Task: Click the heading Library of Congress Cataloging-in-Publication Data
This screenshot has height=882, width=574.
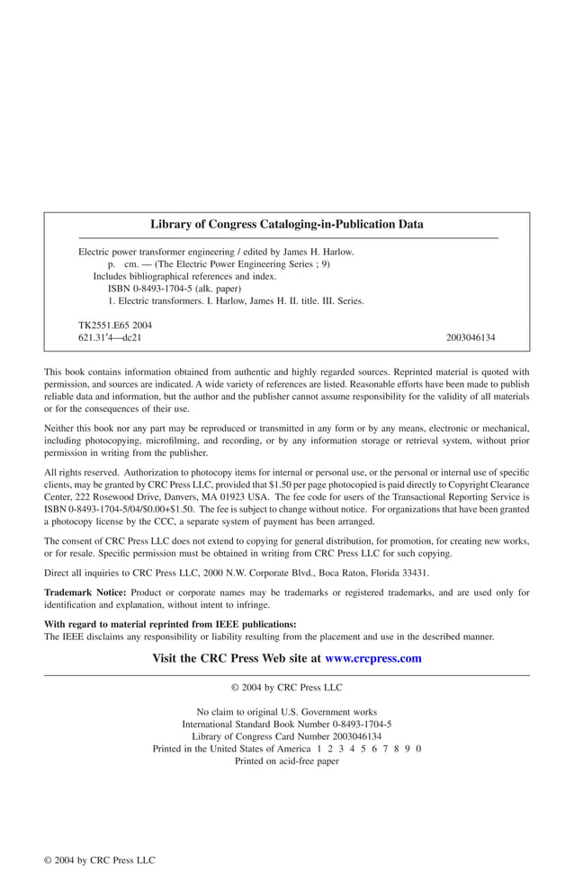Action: pos(286,225)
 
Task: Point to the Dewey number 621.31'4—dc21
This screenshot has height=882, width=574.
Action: pos(110,337)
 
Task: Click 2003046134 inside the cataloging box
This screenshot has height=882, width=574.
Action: pos(470,337)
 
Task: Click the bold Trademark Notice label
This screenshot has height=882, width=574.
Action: pos(85,592)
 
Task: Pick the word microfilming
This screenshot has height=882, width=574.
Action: pos(174,441)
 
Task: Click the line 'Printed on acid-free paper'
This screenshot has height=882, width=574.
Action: pos(286,761)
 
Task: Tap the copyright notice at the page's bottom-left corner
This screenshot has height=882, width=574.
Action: pos(100,860)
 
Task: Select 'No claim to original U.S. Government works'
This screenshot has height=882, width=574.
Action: pos(286,711)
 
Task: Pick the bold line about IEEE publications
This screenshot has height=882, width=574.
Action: pos(170,624)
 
